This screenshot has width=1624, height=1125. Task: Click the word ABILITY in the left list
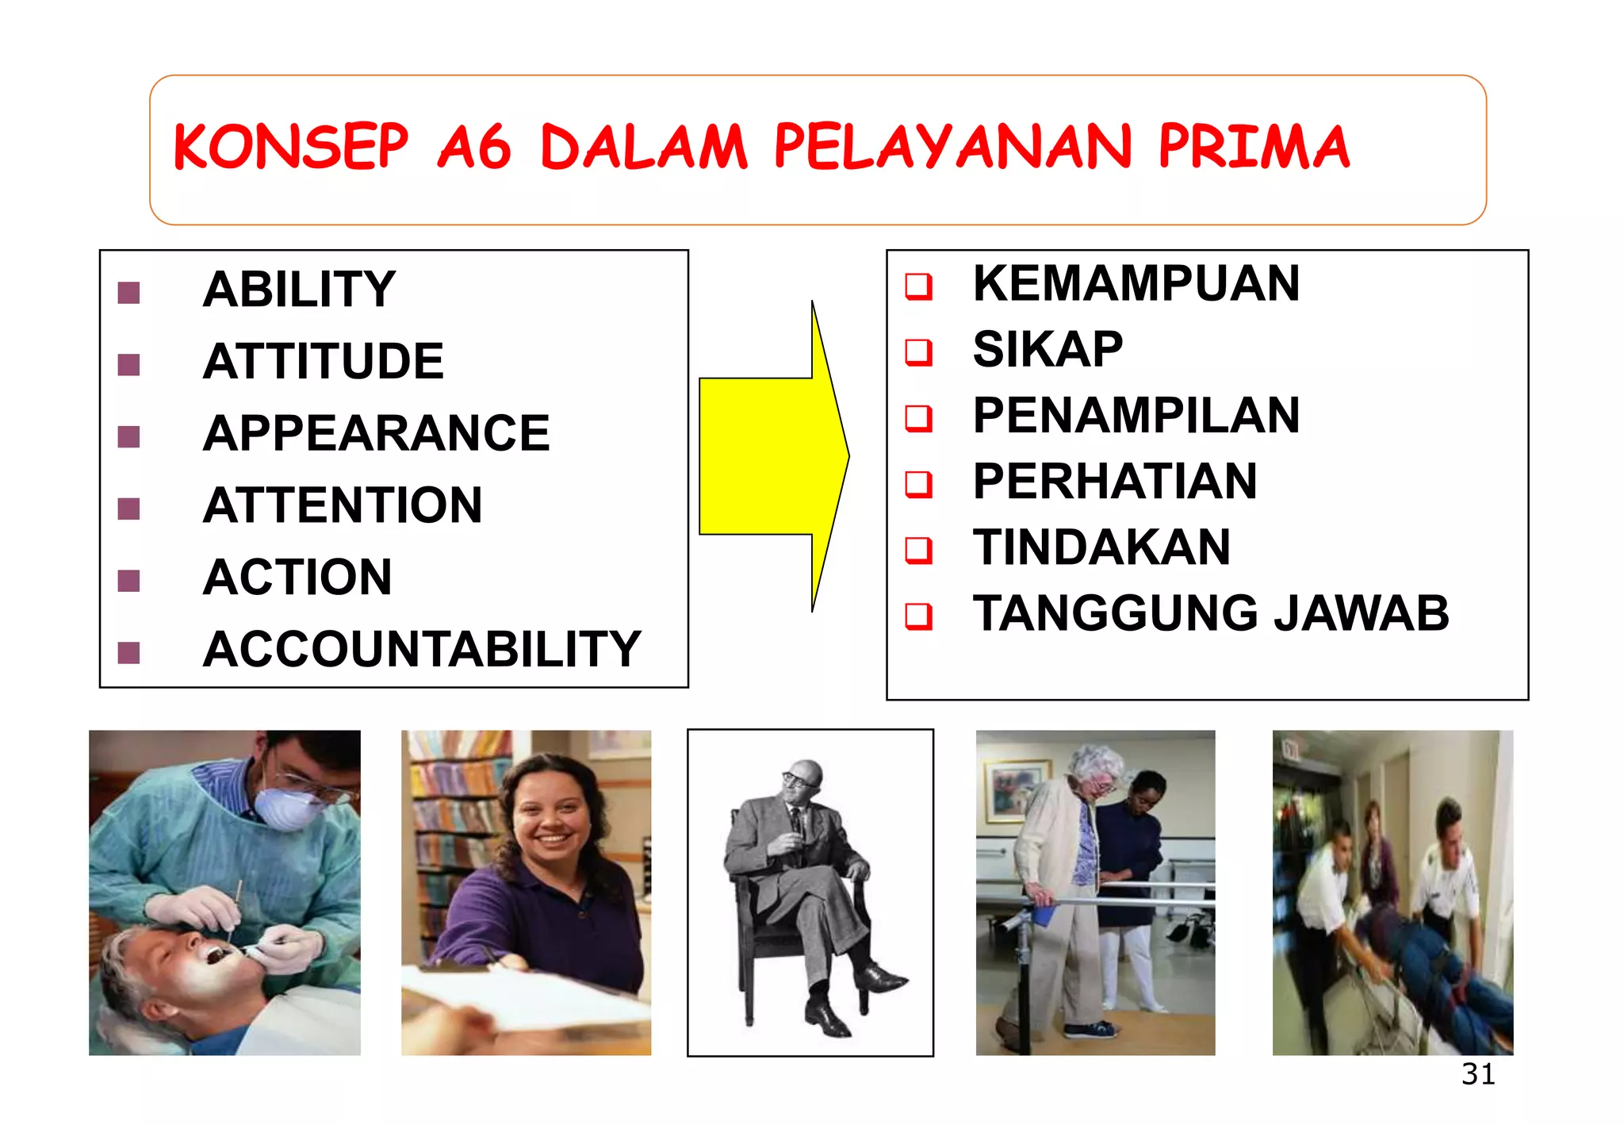pos(299,290)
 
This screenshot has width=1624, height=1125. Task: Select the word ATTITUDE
pos(323,362)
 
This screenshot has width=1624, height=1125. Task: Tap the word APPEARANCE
pos(376,434)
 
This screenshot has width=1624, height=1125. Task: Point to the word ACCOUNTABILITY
pos(421,650)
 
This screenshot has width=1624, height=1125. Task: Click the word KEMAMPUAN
pos(1136,283)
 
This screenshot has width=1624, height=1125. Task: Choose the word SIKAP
pos(1048,349)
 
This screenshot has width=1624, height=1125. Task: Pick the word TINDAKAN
pos(1101,547)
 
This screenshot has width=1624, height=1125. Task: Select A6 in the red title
pos(474,148)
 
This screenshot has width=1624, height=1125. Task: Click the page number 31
pos(1478,1074)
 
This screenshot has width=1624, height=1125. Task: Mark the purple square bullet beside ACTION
pos(128,581)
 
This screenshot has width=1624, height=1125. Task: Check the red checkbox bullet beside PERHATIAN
pos(918,483)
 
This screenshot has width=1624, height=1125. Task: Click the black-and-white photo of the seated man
pos(810,893)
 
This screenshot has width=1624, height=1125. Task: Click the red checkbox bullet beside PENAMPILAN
pos(918,417)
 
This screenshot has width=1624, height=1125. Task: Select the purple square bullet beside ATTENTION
pos(128,509)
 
